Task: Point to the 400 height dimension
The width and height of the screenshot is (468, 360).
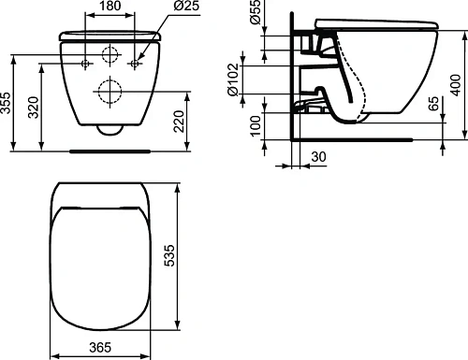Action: pos(458,79)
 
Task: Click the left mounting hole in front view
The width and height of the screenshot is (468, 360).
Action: pos(86,65)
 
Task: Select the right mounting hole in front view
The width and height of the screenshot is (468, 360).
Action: pos(135,65)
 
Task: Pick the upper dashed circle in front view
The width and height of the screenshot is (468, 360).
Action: pos(110,54)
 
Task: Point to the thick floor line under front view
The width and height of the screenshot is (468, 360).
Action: pos(110,148)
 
